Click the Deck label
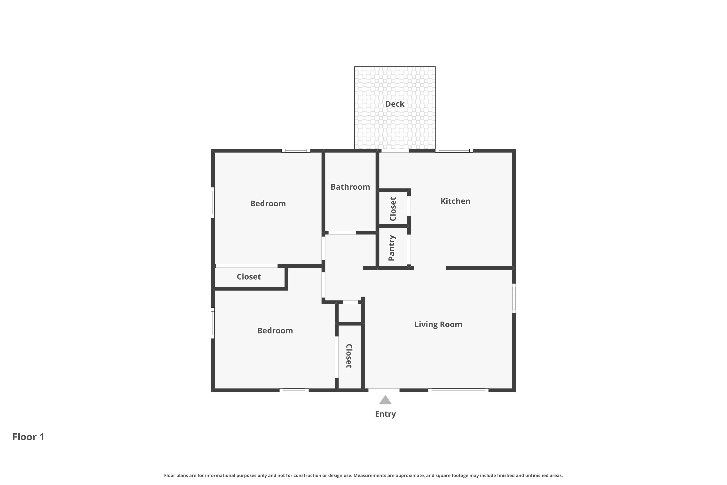(x=395, y=104)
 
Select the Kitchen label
(x=455, y=201)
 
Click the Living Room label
(x=438, y=324)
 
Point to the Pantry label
(x=391, y=248)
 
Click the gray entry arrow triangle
(x=385, y=400)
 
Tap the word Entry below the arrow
(x=385, y=414)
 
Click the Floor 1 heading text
(x=28, y=437)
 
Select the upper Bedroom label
(x=268, y=203)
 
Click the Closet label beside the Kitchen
(x=393, y=209)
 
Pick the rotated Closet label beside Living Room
(x=349, y=356)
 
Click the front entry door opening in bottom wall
(x=384, y=390)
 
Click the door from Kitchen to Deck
(x=395, y=151)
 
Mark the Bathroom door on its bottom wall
(x=342, y=233)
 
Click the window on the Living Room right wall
(x=514, y=298)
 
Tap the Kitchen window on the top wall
(x=454, y=151)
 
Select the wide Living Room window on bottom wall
(x=458, y=390)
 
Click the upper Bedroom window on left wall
(x=213, y=202)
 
